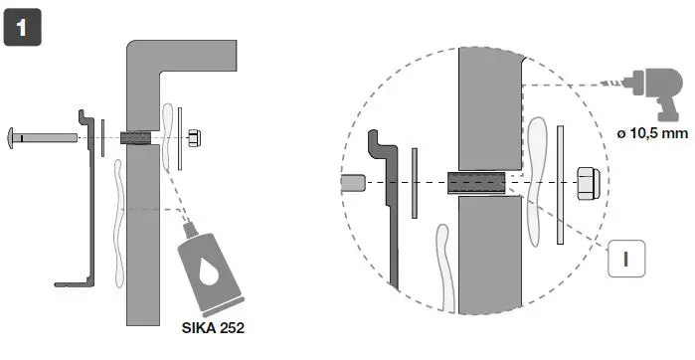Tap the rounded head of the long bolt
point(15,136)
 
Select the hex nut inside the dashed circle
point(588,184)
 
